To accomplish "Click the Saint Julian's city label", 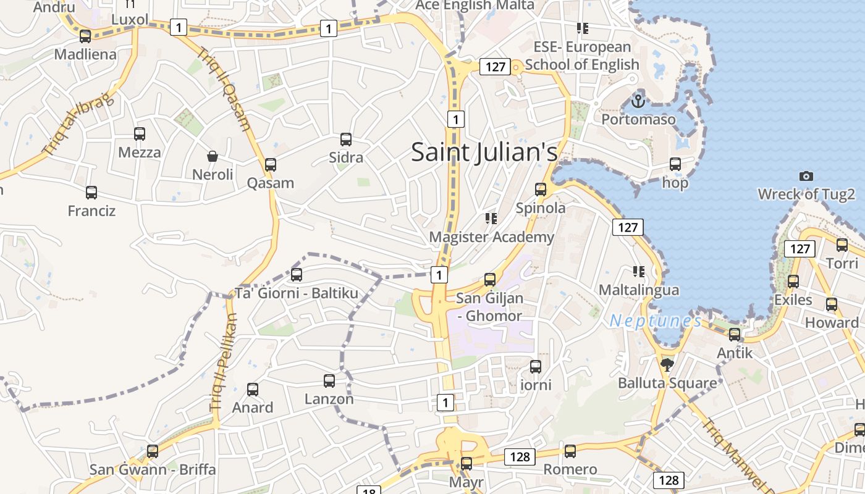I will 484,152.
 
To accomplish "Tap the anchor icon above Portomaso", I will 638,101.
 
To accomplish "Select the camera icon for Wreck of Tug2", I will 806,177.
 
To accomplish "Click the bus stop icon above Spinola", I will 541,190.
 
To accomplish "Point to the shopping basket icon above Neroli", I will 213,156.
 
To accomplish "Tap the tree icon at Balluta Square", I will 667,365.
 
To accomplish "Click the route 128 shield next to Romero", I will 520,456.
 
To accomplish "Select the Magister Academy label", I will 491,237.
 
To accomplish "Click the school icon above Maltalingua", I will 638,271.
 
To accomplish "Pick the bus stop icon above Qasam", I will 270,165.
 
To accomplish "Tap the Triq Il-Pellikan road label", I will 224,363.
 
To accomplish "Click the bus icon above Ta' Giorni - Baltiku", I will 297,274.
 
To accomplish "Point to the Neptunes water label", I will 655,320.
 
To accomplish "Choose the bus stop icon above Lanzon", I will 329,380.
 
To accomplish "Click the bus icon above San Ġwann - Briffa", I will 153,451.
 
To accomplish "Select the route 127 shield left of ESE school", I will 496,67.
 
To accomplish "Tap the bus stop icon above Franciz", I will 91,193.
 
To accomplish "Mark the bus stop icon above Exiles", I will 793,282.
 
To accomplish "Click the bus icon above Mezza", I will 140,134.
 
